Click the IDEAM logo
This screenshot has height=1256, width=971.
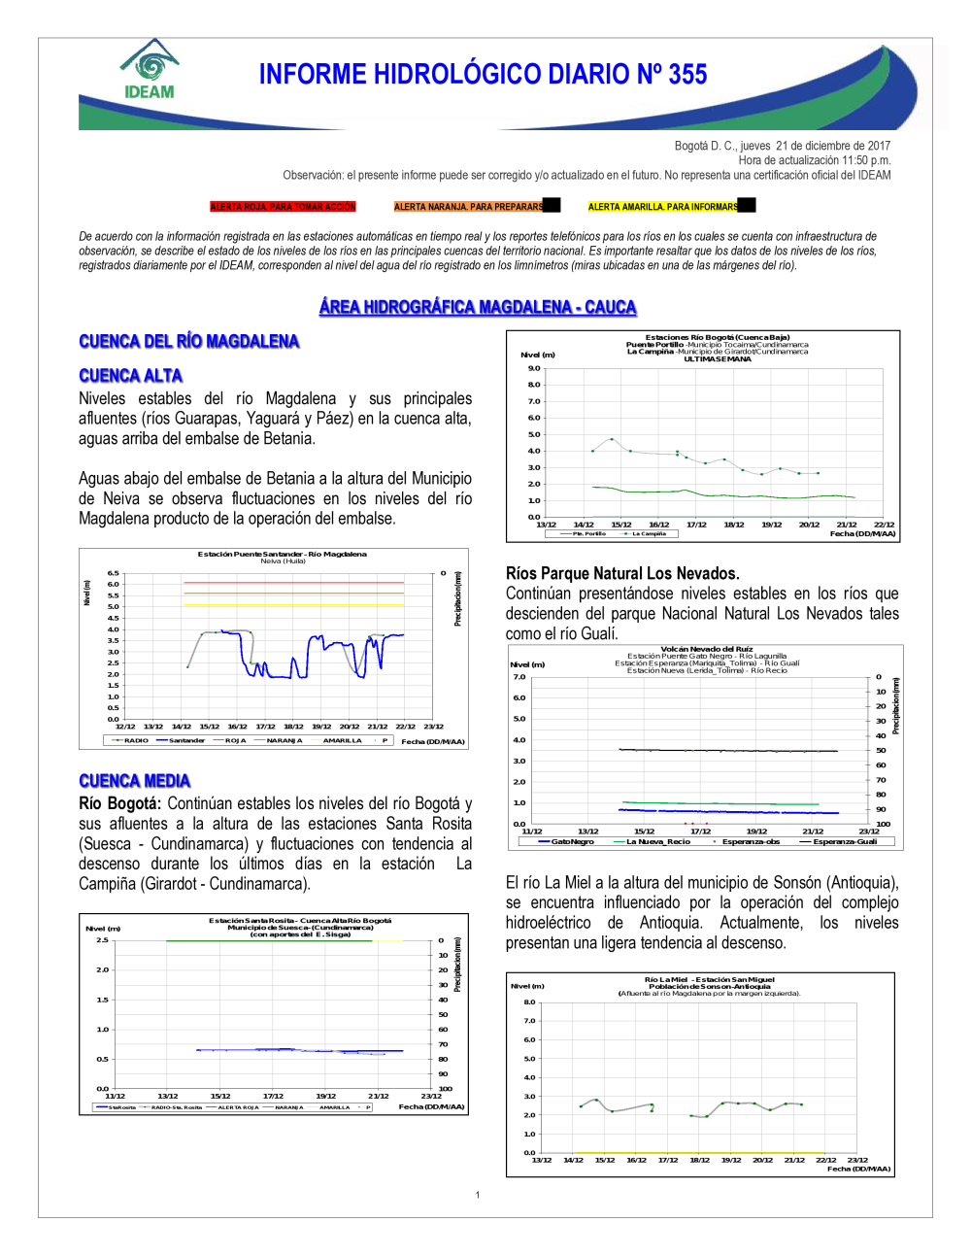[x=150, y=70]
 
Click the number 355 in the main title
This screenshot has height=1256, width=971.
[x=687, y=75]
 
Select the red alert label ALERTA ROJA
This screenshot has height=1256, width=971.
[x=284, y=207]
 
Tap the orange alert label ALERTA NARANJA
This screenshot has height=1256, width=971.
[x=469, y=207]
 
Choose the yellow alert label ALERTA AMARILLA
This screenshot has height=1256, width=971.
[x=663, y=207]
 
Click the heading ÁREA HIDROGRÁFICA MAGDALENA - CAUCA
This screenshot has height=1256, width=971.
[x=478, y=307]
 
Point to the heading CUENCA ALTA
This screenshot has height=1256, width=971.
[x=130, y=376]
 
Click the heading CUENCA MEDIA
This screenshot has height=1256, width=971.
[x=134, y=781]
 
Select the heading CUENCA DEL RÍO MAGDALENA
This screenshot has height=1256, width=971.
[x=188, y=341]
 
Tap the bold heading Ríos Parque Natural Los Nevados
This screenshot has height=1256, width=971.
[x=622, y=573]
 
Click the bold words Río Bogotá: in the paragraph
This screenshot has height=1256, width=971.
[x=119, y=803]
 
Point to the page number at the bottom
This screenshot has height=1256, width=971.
[x=478, y=1195]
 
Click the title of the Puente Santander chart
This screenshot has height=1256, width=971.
[x=283, y=554]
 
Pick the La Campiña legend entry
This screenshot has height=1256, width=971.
[x=649, y=533]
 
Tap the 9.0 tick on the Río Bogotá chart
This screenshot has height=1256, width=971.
[x=534, y=368]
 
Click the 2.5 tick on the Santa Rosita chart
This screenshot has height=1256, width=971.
[x=102, y=940]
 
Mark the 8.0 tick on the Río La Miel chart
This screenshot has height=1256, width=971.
[x=529, y=1001]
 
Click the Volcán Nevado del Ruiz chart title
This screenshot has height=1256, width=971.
[x=707, y=649]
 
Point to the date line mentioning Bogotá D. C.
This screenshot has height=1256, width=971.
[x=782, y=146]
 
